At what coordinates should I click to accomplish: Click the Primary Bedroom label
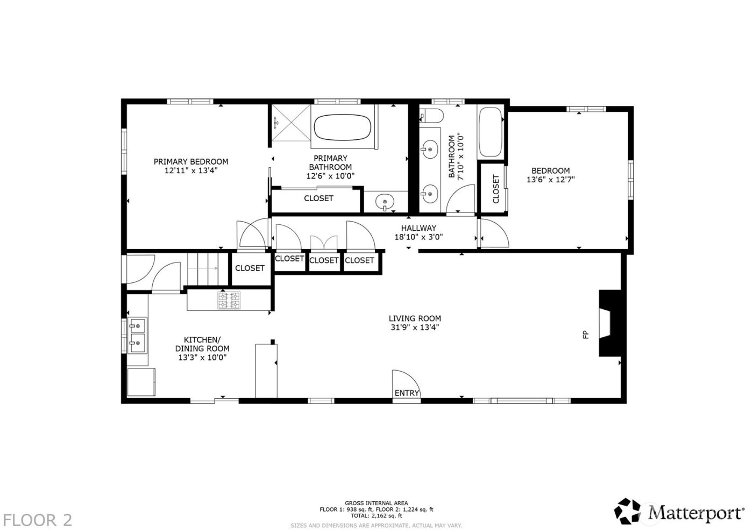190,161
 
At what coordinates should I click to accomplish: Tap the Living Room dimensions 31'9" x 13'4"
415,327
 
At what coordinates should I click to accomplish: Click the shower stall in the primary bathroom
290,125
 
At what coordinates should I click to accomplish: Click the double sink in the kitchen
137,334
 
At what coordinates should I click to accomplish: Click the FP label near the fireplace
586,335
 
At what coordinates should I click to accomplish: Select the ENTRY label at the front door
406,393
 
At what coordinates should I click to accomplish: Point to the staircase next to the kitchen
203,267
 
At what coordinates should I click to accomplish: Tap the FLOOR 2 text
38,520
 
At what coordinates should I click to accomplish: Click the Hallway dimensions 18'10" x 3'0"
418,237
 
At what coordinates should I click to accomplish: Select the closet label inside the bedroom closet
495,188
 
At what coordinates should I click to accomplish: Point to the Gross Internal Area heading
376,503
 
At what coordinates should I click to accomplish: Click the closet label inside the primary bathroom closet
318,198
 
